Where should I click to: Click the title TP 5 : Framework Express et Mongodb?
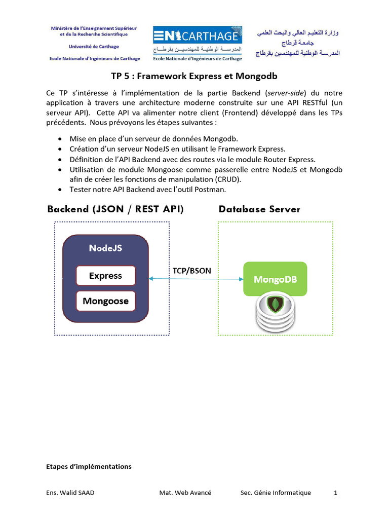tap(194, 76)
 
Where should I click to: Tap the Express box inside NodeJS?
tap(105, 276)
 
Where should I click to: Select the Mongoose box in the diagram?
tap(105, 301)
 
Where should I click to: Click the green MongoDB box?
tap(275, 279)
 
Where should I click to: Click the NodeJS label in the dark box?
tap(105, 248)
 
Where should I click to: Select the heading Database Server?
tap(259, 209)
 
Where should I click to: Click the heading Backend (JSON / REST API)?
tap(115, 209)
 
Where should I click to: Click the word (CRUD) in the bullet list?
tap(228, 179)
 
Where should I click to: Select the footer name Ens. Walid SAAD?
tap(69, 493)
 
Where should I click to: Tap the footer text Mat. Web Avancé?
tap(185, 493)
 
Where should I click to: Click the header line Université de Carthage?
tap(94, 47)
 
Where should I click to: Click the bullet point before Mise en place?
tap(61, 139)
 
